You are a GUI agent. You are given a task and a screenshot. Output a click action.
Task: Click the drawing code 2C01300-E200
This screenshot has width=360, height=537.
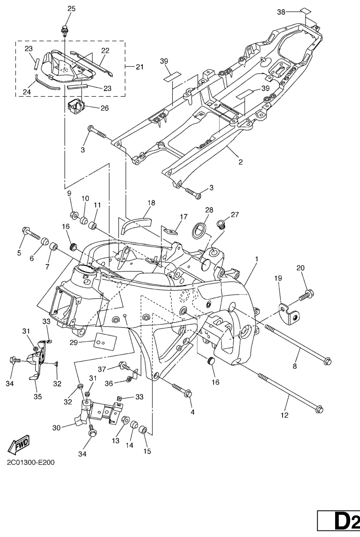coord(31,462)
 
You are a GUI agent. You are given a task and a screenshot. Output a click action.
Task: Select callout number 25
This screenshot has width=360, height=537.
coord(71,8)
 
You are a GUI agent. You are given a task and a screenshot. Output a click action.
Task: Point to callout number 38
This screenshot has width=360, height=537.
coord(281,12)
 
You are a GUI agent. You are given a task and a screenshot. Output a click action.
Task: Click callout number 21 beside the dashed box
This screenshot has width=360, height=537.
coord(139,67)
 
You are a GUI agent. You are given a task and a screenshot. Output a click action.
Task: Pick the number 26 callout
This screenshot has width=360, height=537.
coord(104,108)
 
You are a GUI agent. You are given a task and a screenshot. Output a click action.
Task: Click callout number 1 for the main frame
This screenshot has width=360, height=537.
coord(257,259)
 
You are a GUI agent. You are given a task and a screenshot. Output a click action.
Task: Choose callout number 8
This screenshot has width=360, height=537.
coord(295,366)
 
